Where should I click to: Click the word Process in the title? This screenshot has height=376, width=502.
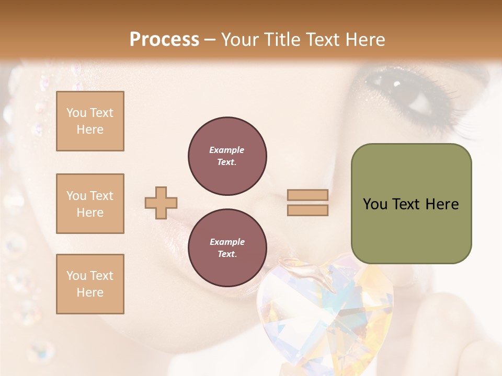pos(164,39)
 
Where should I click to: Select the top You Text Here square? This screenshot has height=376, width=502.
pos(90,121)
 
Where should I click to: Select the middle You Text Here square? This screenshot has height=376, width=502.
pos(90,204)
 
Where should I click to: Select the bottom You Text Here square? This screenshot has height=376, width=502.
pos(90,284)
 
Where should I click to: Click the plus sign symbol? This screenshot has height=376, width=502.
pos(161,203)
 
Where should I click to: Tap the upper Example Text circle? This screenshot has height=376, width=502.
pos(227,156)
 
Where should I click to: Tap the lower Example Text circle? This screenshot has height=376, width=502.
pos(227,248)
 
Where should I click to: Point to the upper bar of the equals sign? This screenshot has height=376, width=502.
pos(308,195)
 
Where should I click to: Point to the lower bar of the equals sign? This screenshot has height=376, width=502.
pos(308,210)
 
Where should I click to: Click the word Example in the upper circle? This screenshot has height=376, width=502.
pos(227,150)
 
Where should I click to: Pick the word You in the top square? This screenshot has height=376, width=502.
pos(76,113)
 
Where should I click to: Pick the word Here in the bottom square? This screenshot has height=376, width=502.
pos(90,292)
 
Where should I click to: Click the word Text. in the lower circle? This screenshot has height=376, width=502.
pos(227,254)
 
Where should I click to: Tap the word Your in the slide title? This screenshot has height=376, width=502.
pos(239,39)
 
